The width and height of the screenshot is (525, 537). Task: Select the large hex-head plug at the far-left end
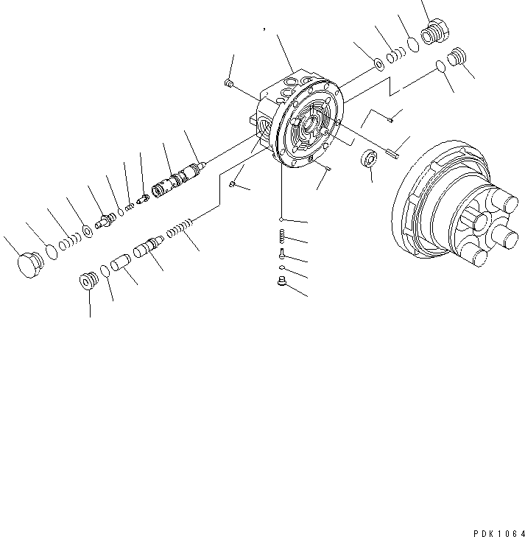(29, 264)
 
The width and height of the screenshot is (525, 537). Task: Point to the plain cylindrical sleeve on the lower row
(121, 262)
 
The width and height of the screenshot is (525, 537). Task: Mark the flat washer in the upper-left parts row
(88, 231)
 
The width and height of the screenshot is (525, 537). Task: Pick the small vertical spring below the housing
(281, 236)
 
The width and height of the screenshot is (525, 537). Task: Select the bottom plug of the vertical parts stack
(281, 281)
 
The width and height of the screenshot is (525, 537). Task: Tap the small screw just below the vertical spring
(281, 253)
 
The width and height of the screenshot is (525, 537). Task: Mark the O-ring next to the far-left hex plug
(50, 252)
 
